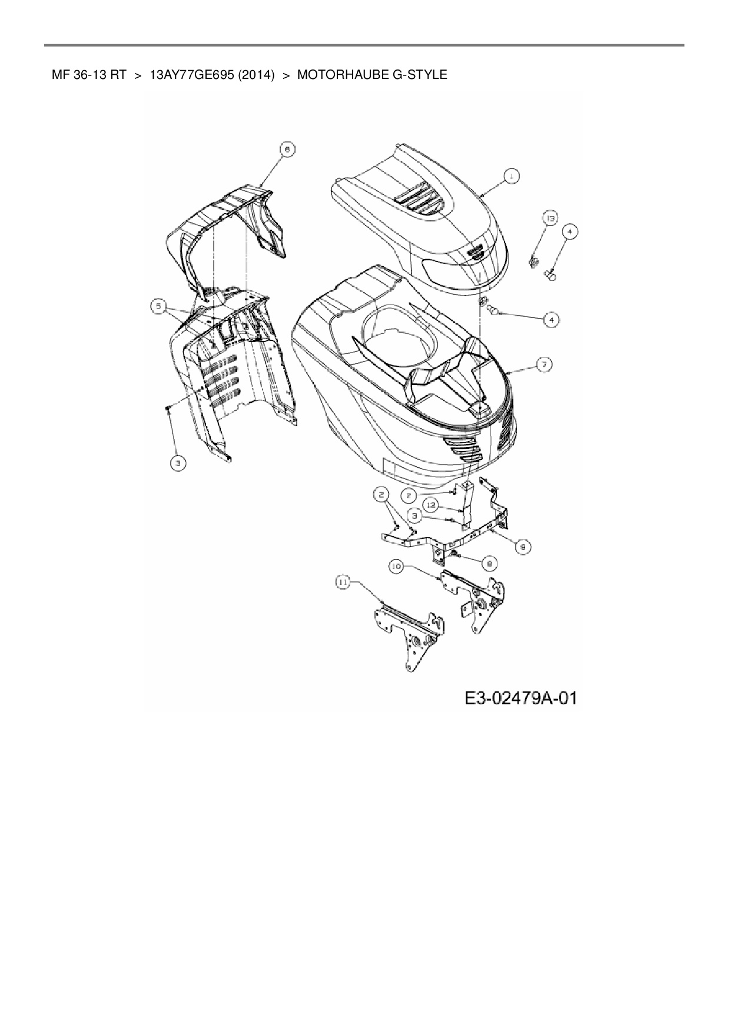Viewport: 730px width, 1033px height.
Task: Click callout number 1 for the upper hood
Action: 512,175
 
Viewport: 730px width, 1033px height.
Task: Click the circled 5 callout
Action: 158,306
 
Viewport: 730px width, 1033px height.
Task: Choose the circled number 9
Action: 523,547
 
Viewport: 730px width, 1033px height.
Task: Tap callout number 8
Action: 489,563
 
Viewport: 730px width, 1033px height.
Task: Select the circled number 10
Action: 396,566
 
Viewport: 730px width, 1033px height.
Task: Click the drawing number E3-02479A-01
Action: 520,698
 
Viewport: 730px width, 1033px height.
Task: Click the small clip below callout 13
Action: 535,260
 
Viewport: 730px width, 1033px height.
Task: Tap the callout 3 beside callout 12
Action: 415,515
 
